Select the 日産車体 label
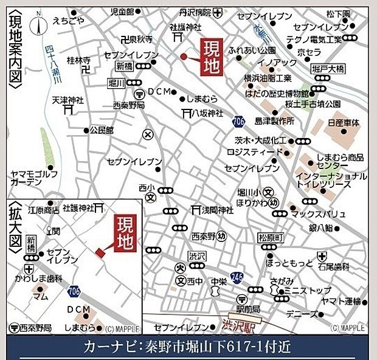pos(344,122)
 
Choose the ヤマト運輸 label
pos(342,302)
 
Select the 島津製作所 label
pos(275,121)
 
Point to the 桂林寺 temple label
pos(78,60)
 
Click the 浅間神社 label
pos(213,210)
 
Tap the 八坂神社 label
pos(207,113)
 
